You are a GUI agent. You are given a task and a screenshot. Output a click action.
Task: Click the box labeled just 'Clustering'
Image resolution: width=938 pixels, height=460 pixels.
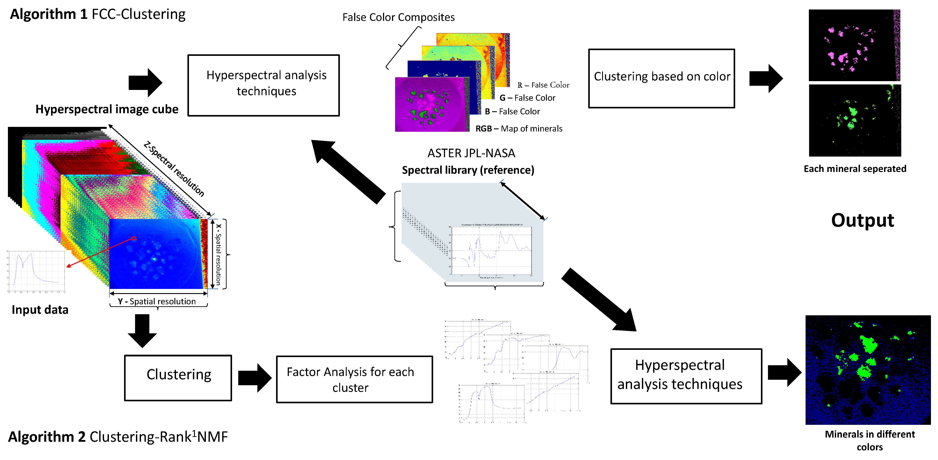[178, 378]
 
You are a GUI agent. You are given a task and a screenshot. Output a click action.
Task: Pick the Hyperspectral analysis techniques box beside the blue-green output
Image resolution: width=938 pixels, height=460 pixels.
[686, 376]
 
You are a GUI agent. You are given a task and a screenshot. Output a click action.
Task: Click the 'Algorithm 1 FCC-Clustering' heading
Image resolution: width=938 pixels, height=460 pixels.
[98, 14]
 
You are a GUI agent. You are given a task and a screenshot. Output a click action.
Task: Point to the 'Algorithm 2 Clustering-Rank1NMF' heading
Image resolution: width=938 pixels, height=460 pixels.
[118, 436]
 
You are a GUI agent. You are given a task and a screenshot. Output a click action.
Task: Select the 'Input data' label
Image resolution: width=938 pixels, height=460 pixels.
[40, 310]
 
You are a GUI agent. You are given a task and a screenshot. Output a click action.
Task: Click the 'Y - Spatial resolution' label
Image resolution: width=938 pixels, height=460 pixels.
[157, 301]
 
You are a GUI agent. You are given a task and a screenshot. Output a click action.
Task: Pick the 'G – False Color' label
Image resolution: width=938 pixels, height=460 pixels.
[527, 98]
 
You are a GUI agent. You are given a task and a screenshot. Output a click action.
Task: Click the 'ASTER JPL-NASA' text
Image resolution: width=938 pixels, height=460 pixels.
[471, 153]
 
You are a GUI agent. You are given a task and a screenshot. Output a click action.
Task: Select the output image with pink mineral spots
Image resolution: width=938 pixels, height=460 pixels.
[854, 45]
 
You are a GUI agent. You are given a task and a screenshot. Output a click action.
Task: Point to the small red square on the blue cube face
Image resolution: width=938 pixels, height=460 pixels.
[134, 238]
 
